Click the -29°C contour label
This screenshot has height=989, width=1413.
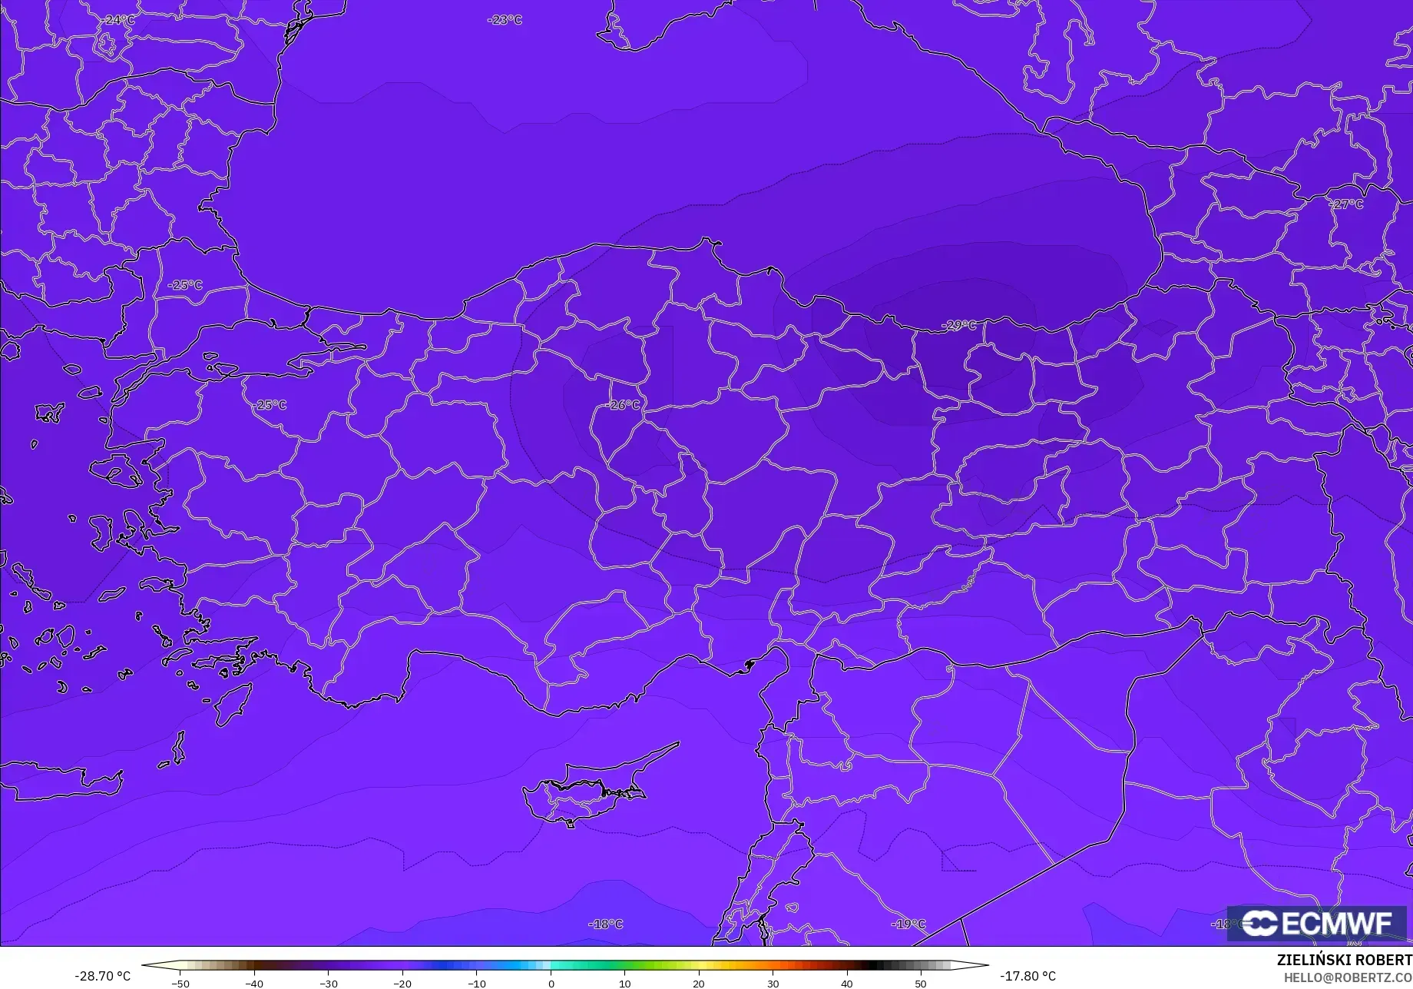pos(959,325)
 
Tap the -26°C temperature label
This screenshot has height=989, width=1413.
pos(624,404)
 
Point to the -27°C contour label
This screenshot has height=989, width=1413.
pos(1347,204)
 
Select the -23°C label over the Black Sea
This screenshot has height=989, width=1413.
pos(505,20)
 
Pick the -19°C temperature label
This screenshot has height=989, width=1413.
pos(908,924)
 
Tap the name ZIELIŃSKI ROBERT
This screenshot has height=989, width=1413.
pos(1344,960)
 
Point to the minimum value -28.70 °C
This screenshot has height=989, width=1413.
pos(102,976)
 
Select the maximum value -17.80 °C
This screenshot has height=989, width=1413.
pos(1027,976)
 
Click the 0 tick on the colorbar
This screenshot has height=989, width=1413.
pos(551,983)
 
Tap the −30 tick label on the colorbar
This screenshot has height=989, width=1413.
pos(329,983)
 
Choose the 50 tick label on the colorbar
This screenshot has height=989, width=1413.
pos(921,983)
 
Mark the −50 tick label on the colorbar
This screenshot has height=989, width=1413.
pos(180,983)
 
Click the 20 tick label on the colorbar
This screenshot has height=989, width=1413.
pos(699,983)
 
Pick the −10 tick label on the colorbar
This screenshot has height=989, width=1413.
pos(477,983)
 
